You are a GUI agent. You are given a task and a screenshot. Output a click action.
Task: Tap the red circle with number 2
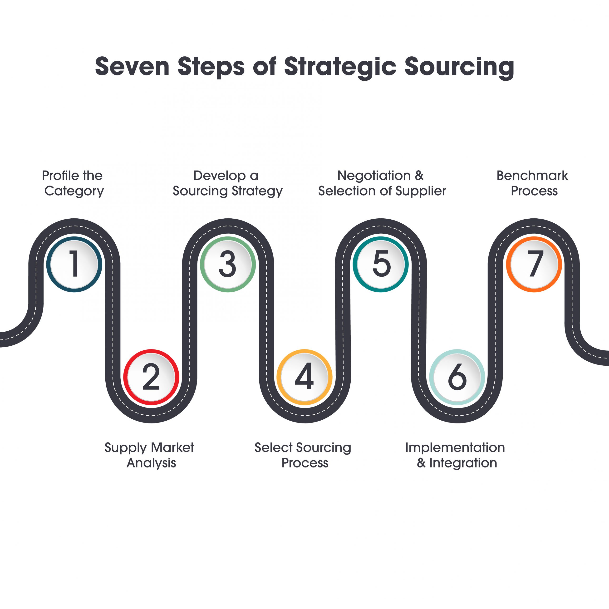(x=151, y=377)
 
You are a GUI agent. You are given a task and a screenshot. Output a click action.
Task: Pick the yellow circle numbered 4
(x=304, y=377)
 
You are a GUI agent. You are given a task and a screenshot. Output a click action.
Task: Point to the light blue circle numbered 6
(x=457, y=377)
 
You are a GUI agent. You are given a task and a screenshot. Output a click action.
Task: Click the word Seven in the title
(x=133, y=67)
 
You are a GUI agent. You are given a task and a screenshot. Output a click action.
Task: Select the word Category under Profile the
(x=74, y=191)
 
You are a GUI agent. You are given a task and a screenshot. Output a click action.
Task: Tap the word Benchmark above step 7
(x=532, y=176)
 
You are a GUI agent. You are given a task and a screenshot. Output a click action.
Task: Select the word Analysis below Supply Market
(x=151, y=463)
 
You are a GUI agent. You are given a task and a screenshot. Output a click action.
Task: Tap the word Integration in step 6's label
(x=463, y=463)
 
